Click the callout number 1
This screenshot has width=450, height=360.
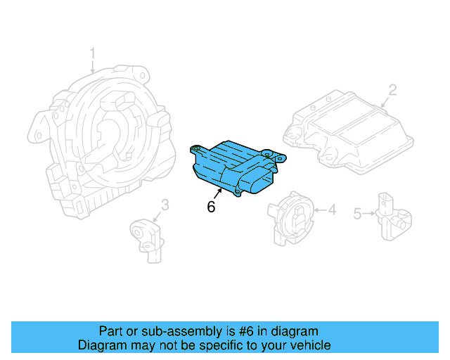tap(92, 53)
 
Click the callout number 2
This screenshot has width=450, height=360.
tap(392, 90)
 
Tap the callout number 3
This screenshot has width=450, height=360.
tap(165, 205)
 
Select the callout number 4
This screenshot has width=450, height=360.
tap(333, 209)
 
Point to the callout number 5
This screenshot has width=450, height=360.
tap(357, 212)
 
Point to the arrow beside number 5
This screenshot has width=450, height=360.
tap(371, 213)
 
